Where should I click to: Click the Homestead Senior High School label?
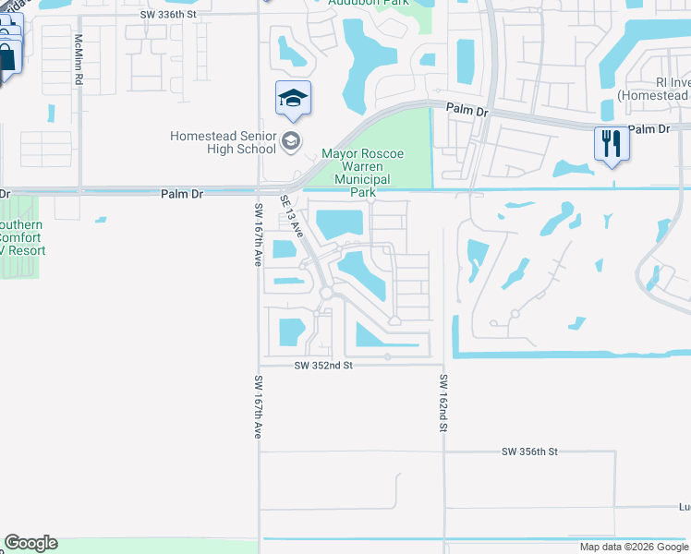point(223,142)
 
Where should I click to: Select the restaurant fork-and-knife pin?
point(611,143)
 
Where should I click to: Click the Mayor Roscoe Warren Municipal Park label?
point(369,174)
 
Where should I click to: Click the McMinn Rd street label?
point(79,61)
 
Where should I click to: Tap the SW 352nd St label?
point(323,366)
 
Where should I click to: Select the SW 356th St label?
point(530,452)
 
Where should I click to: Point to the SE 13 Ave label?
point(292,215)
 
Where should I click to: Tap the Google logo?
point(30,543)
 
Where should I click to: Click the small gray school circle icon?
point(291,141)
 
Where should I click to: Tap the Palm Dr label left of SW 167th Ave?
point(180,194)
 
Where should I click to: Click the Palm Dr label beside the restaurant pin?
point(649,129)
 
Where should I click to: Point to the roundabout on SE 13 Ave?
point(326,293)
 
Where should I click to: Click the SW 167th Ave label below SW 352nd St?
point(258,406)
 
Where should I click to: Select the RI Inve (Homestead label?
point(654,89)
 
